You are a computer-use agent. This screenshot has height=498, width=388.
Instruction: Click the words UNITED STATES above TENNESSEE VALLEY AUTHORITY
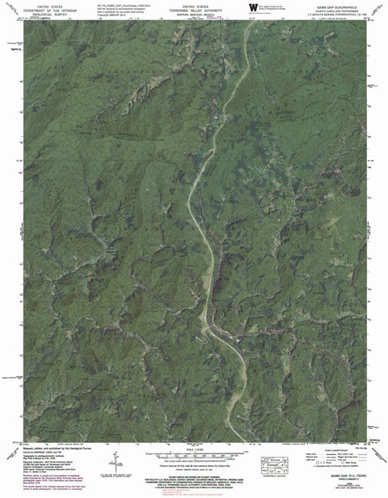click(x=194, y=4)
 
